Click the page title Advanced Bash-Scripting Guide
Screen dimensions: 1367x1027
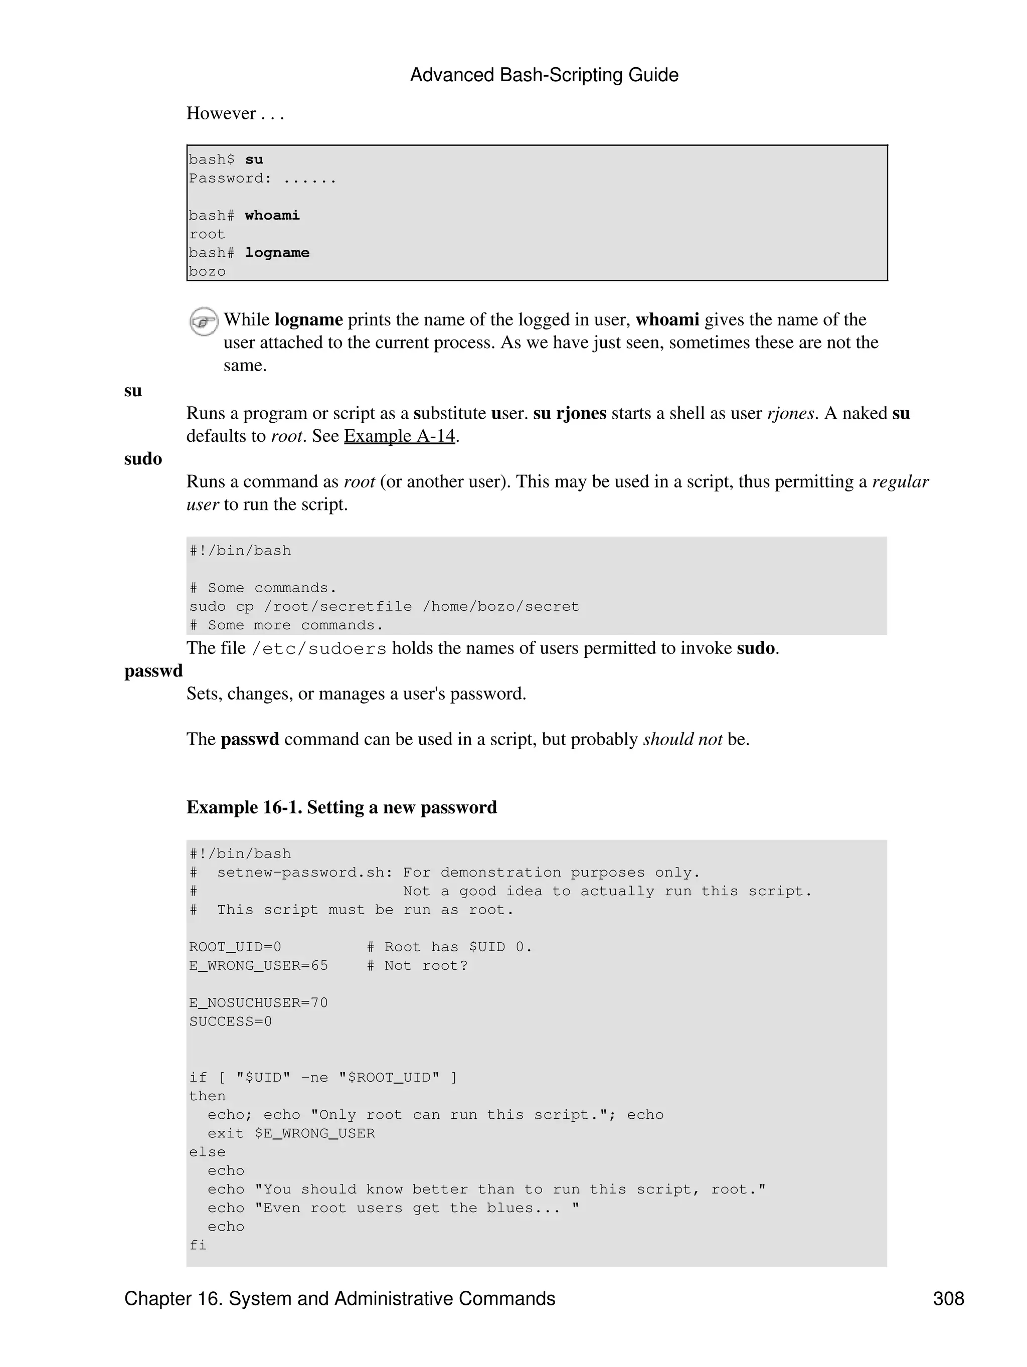click(x=544, y=75)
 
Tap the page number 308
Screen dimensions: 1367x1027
click(x=948, y=1298)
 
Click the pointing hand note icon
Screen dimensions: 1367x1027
click(x=203, y=321)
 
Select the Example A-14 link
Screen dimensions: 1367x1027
click(x=399, y=436)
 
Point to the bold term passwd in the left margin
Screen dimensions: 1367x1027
click(x=153, y=670)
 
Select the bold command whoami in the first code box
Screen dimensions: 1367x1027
click(x=272, y=215)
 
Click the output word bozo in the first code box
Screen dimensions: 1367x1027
click(x=207, y=271)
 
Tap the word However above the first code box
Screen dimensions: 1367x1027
click(x=221, y=113)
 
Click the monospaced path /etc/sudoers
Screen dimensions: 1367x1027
click(x=319, y=648)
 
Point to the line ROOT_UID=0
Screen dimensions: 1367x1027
click(x=235, y=947)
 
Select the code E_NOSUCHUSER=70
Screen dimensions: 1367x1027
click(x=258, y=1002)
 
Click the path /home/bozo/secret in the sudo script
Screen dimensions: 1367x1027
click(x=500, y=606)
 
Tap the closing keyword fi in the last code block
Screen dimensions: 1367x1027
click(x=198, y=1245)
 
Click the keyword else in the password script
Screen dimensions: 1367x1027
click(x=207, y=1152)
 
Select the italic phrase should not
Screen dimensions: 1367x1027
click(x=682, y=739)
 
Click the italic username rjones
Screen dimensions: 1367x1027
click(x=790, y=413)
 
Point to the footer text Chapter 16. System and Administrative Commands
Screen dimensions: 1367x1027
click(x=339, y=1298)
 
